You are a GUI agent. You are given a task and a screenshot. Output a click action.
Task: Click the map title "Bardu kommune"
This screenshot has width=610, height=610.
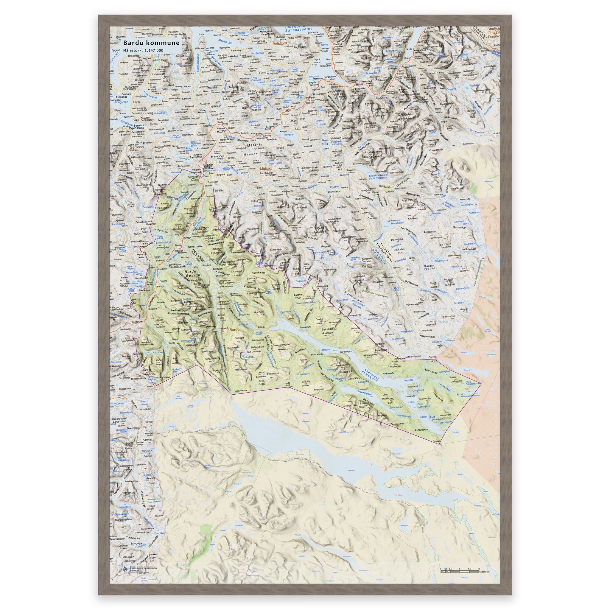(x=151, y=43)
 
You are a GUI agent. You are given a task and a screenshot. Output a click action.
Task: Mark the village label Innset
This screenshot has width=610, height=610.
(x=261, y=326)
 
